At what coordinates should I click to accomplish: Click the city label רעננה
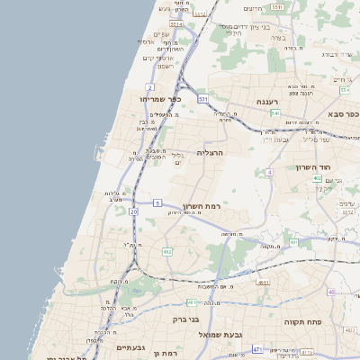[x=268, y=102]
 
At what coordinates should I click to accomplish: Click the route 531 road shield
[x=203, y=98]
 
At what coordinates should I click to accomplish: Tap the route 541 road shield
[x=275, y=113]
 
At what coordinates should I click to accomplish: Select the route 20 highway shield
[x=133, y=211]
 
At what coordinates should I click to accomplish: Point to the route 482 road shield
[x=167, y=252]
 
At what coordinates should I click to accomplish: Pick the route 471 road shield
[x=257, y=349]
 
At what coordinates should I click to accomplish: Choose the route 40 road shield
[x=331, y=292]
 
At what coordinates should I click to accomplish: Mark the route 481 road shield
[x=192, y=302]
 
